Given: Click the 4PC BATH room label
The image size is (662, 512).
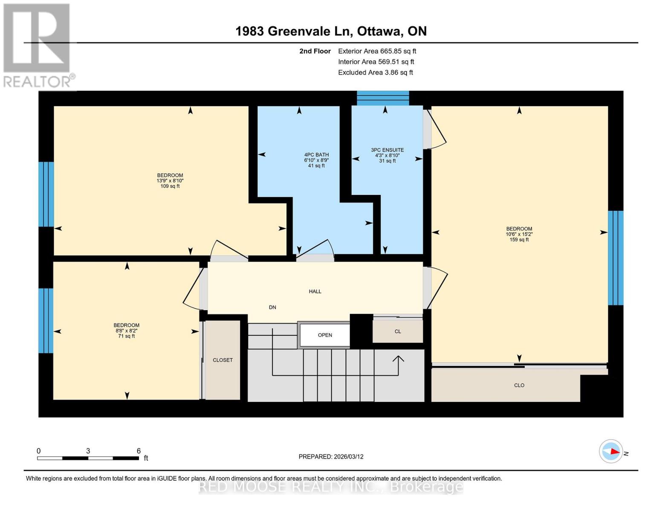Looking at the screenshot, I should [316, 155].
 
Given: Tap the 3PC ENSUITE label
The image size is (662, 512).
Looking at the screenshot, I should [387, 150].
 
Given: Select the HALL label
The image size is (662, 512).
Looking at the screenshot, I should [315, 291].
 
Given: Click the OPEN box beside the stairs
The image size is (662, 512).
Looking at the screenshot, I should [325, 335].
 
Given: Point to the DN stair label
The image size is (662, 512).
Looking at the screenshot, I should [272, 307].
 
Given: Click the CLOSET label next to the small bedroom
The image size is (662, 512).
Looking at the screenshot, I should [223, 360].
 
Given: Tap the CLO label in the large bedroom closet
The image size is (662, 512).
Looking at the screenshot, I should [519, 385].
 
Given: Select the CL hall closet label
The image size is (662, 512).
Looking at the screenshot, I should [397, 332].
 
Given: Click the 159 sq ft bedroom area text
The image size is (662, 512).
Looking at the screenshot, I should [519, 240].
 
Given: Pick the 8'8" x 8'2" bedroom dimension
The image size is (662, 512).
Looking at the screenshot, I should [126, 331].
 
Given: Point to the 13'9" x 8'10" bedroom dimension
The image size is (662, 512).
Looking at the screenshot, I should [170, 180].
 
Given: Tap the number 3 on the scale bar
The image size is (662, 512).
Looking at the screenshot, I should [88, 451].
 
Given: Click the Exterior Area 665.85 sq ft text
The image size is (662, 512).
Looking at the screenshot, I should [377, 51].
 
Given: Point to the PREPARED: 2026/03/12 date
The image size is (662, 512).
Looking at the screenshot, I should [331, 457].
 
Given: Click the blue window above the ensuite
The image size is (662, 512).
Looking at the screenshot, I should [382, 98].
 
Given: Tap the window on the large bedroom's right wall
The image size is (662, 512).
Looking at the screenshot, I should [615, 258].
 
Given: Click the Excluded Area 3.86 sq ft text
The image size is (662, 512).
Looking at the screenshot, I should [375, 73].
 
